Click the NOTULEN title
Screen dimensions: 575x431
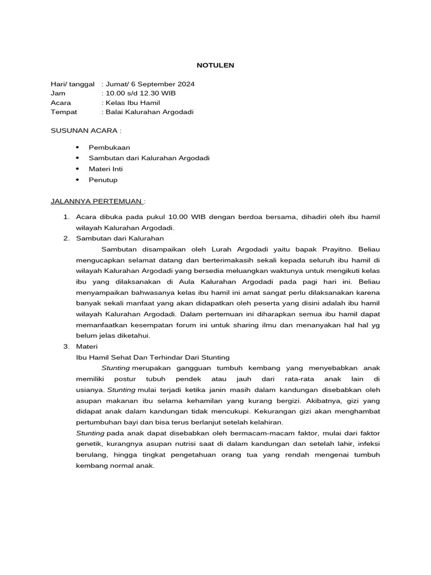click(215, 66)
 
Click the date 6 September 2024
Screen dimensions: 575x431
click(162, 84)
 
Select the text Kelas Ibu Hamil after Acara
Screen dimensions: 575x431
click(132, 103)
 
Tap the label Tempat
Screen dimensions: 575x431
click(63, 112)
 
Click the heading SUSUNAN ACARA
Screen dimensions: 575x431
click(85, 130)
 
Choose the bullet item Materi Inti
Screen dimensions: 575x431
click(106, 168)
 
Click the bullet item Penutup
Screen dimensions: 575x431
click(103, 180)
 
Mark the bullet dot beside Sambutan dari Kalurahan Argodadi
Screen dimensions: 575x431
click(77, 158)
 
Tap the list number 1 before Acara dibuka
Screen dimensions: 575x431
click(66, 217)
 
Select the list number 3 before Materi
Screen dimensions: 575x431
click(66, 347)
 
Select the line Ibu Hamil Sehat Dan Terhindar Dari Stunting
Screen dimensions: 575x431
click(152, 357)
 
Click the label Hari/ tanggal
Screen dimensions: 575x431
click(72, 84)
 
